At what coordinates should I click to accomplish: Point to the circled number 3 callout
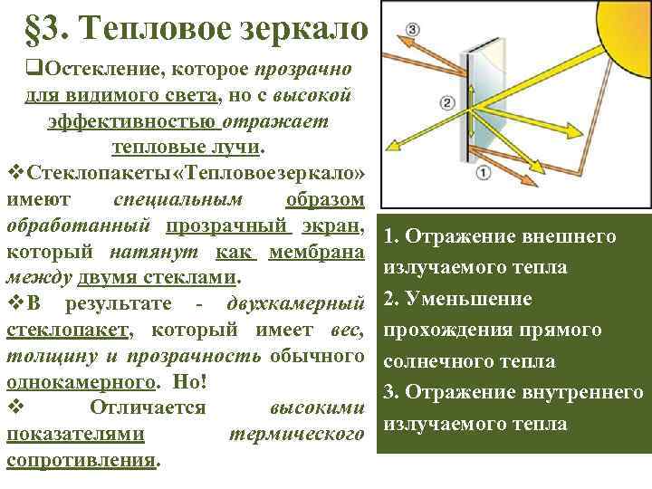pos(413,30)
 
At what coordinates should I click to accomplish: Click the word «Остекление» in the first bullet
pos(94,70)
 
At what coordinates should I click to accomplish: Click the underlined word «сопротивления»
pos(81,459)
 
